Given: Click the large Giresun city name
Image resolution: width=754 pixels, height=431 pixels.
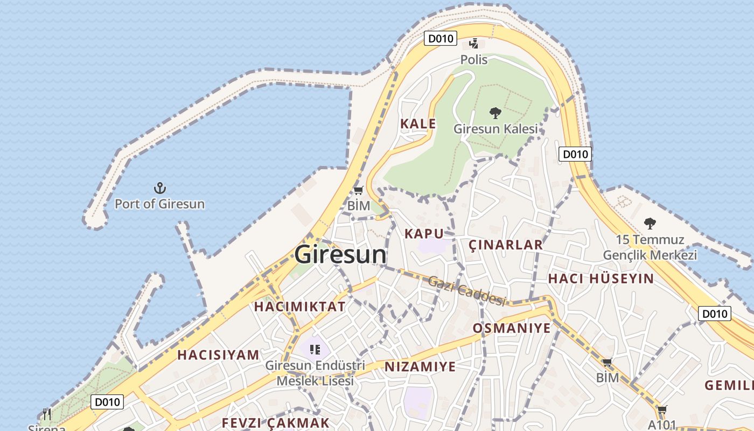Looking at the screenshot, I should coord(340,254).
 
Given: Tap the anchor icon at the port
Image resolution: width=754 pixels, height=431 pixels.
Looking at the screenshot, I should coord(159,188).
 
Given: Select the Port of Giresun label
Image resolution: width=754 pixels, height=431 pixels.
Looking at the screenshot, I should coord(159,204).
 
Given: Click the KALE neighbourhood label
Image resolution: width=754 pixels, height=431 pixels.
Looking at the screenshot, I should coord(418,123).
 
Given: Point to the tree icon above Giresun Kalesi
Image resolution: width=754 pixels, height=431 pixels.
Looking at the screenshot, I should coord(495,113).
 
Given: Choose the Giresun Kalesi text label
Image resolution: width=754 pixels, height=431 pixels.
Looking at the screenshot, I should coord(495,129).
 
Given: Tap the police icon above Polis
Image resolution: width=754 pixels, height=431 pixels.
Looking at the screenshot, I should coord(473,43).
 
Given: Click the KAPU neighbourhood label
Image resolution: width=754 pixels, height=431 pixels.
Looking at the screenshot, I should coord(424,233).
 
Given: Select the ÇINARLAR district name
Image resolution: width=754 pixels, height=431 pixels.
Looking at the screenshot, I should coord(505,245).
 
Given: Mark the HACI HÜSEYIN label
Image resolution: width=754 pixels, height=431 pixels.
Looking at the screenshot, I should coord(601,279).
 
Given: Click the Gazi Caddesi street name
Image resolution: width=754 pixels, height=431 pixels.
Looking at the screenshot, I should coord(467,290).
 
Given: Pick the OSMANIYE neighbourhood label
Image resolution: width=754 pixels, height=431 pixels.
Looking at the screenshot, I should coord(512,328).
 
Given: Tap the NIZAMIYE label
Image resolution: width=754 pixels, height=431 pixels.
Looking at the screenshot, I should coord(420,367).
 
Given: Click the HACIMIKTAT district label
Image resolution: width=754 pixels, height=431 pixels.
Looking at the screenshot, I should coord(299,307).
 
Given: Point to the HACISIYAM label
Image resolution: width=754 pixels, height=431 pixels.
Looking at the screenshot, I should coord(218,355).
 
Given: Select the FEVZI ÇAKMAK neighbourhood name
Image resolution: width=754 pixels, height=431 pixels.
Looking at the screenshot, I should coord(275,423).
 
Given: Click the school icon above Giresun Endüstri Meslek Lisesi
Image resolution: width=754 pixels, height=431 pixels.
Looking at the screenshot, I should coord(315,350).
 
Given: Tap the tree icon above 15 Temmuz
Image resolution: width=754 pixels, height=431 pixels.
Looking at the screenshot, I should coord(650,223).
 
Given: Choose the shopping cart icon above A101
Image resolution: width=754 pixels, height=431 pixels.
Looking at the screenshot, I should coord(662,410).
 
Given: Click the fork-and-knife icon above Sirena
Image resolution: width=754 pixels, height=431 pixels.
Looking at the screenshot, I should coord(47,414).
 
